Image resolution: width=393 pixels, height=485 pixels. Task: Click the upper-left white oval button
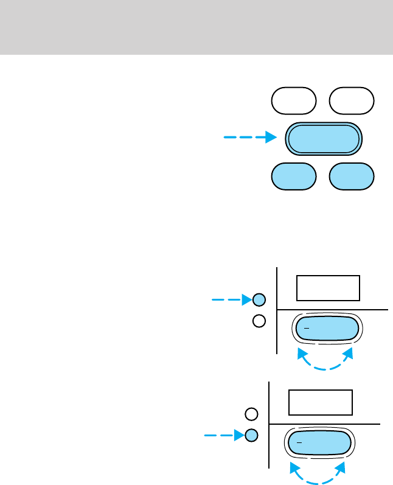pos(294,101)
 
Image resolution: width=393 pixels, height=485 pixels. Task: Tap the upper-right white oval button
pos(352,101)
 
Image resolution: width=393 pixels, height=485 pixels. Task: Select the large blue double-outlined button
pos(323,139)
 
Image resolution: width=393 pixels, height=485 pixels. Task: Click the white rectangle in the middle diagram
pos(328,288)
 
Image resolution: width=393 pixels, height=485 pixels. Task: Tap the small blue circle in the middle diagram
pos(259,299)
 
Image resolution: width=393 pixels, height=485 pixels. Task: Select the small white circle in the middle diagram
pos(259,321)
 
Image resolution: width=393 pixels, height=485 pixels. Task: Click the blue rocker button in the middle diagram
pos(327,329)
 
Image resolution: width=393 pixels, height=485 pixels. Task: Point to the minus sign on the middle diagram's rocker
pos(307,327)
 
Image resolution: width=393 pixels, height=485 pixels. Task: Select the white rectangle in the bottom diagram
pos(321,402)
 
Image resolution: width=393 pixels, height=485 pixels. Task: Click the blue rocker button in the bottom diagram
pos(319,444)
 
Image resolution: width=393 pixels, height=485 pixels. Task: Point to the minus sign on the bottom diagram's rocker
pos(299,442)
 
